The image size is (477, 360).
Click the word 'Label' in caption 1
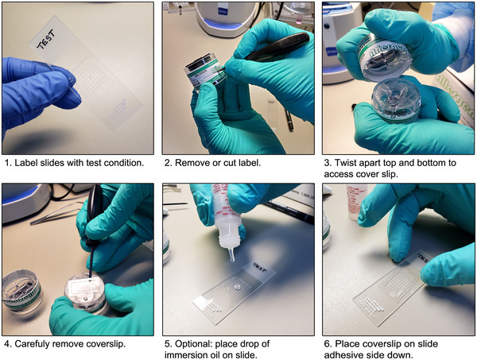click(x=24, y=163)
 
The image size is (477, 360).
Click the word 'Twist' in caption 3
click(x=345, y=163)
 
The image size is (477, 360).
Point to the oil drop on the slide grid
click(x=235, y=287)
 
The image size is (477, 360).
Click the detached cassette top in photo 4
click(x=22, y=292)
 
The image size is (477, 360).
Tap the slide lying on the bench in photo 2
click(x=273, y=116)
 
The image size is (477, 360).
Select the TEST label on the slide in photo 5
click(x=259, y=268)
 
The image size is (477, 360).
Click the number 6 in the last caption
click(x=327, y=344)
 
